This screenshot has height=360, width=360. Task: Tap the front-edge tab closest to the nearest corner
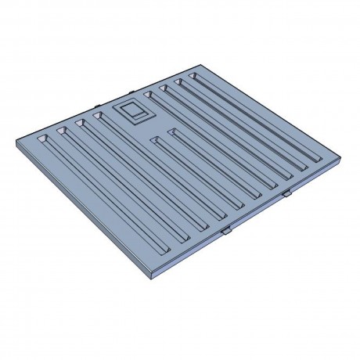click(225, 231)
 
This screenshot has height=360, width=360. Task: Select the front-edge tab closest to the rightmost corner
click(286, 192)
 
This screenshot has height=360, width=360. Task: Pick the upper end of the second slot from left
click(60, 129)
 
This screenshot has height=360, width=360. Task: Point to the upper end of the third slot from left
click(80, 123)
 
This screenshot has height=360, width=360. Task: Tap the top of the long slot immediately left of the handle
click(99, 117)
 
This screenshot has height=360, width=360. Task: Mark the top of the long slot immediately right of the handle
click(149, 98)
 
